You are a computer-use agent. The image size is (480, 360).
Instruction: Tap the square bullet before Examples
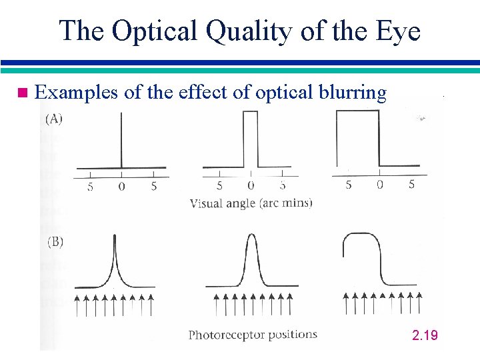23,93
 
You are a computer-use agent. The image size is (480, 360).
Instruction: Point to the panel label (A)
54,120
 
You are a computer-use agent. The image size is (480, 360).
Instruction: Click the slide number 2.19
425,335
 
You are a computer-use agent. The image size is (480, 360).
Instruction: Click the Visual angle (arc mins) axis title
251,203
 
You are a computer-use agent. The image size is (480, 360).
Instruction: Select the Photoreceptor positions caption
253,335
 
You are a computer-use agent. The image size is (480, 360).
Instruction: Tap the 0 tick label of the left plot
121,187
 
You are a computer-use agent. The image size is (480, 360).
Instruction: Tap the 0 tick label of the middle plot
250,186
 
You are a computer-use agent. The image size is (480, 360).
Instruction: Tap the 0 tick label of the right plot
379,185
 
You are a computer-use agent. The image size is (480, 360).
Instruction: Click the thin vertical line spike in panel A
121,140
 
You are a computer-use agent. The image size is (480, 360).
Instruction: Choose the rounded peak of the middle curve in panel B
251,237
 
